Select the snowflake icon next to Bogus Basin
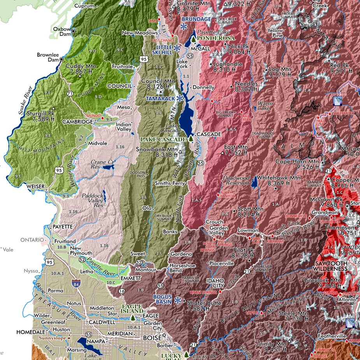point(178,300)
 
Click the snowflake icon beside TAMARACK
point(180,98)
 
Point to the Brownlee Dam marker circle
point(61,59)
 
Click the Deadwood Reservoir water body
point(254,181)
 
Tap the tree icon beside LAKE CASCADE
point(191,139)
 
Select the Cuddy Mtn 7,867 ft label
point(79,69)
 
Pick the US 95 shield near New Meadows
point(144,59)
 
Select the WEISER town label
point(35,186)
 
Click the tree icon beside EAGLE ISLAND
point(133,318)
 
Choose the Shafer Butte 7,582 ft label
point(202,306)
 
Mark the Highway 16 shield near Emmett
point(122,291)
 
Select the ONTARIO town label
point(32,240)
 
